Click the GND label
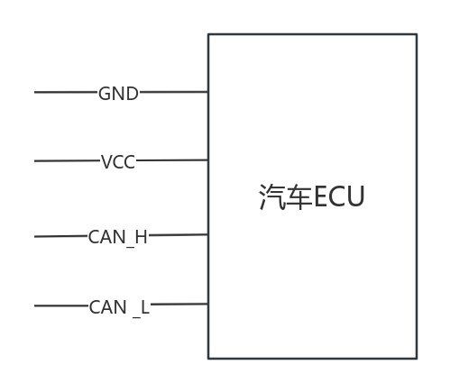pos(118,94)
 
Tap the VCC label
pos(118,162)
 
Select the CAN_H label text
pos(118,237)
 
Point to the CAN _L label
pos(119,307)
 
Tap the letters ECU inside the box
pos(339,196)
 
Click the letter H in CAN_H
pos(142,237)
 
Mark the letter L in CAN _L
pos(145,307)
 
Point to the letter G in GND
pos(105,94)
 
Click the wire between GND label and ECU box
pos(174,92)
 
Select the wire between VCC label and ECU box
pos(172,160)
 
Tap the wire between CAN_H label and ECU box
pos(179,234)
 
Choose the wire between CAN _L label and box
pos(179,305)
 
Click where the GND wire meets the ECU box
pos(208,92)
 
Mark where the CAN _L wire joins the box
pos(208,304)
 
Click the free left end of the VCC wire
pos(35,161)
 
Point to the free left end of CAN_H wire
pos(35,237)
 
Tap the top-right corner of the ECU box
pos(417,34)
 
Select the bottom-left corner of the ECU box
pos(208,359)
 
